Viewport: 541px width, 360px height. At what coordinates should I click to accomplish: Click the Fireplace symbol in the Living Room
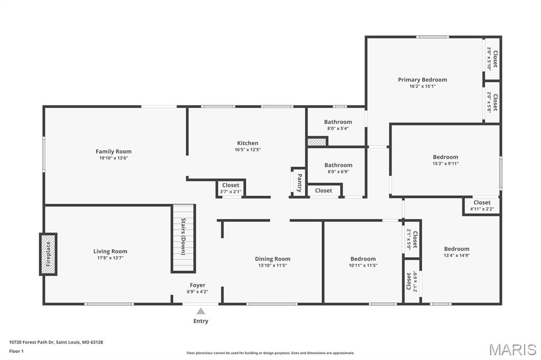click(48, 254)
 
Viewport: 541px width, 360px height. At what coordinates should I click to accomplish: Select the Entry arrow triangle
click(201, 311)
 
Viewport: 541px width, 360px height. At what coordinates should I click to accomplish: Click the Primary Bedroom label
click(422, 80)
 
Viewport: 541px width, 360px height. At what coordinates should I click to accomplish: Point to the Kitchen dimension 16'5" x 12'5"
click(248, 149)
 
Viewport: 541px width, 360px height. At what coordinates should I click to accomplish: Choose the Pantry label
click(300, 182)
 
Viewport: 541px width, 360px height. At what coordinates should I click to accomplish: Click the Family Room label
click(114, 151)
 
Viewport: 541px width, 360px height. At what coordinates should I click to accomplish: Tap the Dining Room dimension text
click(272, 266)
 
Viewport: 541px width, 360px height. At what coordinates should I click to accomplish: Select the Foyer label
click(198, 285)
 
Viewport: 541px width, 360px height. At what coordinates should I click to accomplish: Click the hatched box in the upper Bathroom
click(317, 141)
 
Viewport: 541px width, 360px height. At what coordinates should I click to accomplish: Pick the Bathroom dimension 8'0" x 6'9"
click(338, 172)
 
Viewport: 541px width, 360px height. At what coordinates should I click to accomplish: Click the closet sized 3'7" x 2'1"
click(230, 188)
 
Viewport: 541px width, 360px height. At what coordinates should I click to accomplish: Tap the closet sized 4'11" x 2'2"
click(482, 206)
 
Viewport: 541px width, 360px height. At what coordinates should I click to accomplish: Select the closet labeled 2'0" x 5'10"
click(492, 58)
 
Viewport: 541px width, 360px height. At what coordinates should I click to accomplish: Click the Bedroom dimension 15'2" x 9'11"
click(445, 164)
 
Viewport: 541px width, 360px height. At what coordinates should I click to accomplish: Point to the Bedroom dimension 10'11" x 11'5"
click(363, 266)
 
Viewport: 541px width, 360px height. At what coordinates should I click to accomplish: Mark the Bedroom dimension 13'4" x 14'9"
click(456, 255)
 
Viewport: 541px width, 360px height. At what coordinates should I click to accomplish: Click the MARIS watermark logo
click(512, 349)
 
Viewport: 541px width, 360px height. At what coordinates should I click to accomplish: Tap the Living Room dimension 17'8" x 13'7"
click(110, 258)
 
